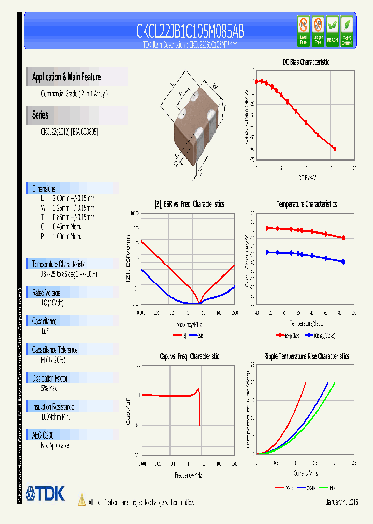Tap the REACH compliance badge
click(332, 31)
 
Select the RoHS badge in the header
click(347, 31)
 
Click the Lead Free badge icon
click(304, 31)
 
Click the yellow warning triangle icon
click(82, 500)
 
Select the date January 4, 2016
click(342, 502)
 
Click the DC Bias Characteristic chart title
click(306, 62)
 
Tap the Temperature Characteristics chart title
click(306, 205)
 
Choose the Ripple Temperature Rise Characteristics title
click(306, 356)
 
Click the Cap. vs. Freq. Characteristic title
click(189, 356)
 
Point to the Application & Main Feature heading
click(66, 77)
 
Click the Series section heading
click(40, 115)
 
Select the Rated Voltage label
click(46, 293)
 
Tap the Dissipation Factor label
click(50, 379)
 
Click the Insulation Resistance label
click(53, 407)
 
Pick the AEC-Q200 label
click(43, 435)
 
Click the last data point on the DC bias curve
click(335, 149)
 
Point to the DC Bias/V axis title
click(307, 178)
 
